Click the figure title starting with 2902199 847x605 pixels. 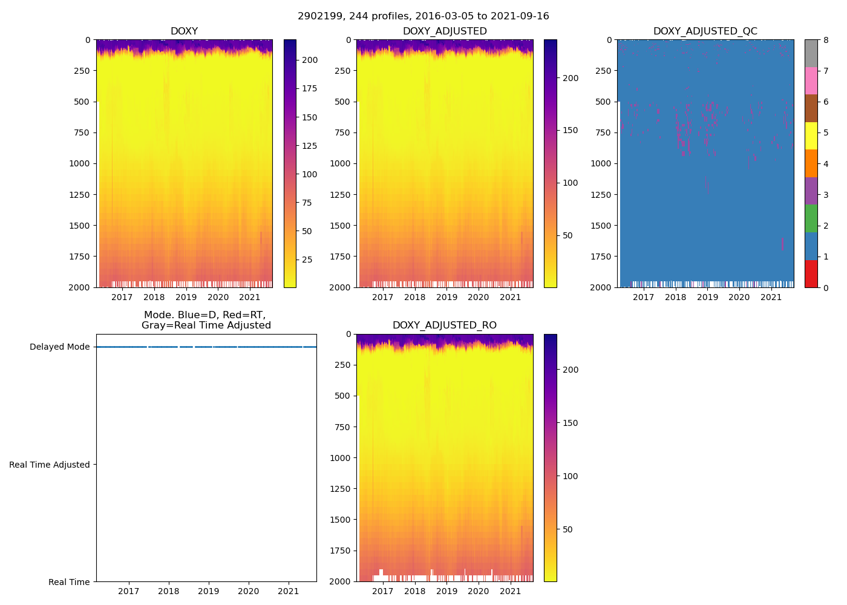click(x=423, y=16)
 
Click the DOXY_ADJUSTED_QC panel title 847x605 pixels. click(x=705, y=31)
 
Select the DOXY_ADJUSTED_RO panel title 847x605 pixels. click(x=444, y=325)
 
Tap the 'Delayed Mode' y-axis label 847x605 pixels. click(x=59, y=347)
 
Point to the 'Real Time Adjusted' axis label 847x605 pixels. click(x=50, y=465)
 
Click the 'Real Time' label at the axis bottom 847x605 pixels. click(x=69, y=582)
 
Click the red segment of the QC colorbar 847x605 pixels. click(x=811, y=273)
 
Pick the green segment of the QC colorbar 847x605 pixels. click(x=811, y=218)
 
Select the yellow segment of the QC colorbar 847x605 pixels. click(x=811, y=136)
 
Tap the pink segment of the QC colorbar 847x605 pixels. click(x=811, y=80)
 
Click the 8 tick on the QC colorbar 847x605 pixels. click(x=826, y=40)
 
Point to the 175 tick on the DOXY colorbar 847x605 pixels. click(x=310, y=89)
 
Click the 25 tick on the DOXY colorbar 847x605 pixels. click(x=307, y=260)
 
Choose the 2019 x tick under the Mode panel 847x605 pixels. click(x=209, y=591)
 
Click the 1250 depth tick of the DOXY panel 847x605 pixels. click(x=80, y=195)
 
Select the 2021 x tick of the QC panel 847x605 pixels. click(x=771, y=297)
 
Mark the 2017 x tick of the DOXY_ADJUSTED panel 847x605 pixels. click(x=383, y=297)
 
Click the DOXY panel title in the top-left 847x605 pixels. click(x=184, y=31)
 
